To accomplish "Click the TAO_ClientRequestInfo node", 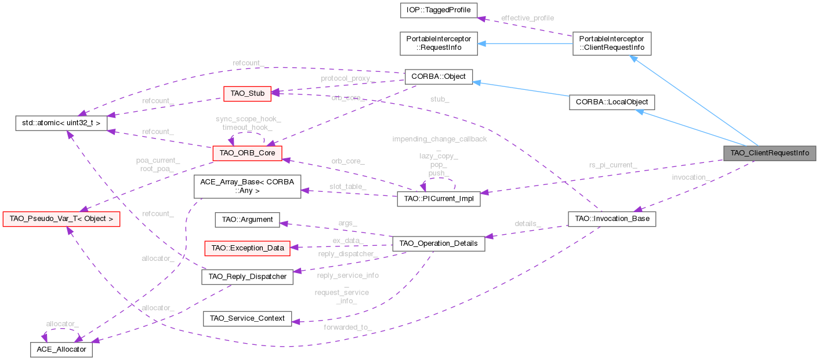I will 769,153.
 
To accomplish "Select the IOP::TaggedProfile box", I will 439,10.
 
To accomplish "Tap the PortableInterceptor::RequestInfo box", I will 439,43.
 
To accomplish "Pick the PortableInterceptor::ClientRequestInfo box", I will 612,43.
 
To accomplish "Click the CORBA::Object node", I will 439,77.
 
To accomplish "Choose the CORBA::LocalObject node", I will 612,102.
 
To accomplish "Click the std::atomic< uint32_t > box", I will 61,123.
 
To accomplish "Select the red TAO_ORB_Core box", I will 248,153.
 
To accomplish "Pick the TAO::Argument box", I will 247,220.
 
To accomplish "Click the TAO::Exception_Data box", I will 248,248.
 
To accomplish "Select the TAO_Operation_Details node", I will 439,243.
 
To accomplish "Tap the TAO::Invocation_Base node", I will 612,220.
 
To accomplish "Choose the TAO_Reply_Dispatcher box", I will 248,277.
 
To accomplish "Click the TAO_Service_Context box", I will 248,318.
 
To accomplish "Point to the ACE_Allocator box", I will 61,350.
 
